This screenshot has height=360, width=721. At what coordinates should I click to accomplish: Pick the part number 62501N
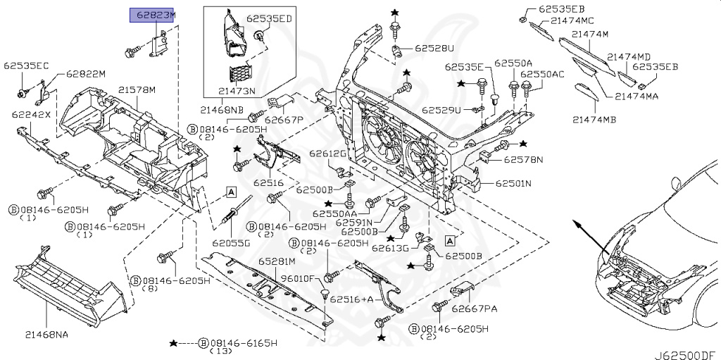click(x=513, y=183)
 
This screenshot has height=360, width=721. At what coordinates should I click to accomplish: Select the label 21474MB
click(x=593, y=119)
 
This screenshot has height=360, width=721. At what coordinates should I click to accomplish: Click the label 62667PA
click(x=474, y=308)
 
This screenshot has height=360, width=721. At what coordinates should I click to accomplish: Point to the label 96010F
click(x=296, y=278)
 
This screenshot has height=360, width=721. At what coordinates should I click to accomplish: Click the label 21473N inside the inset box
click(x=237, y=91)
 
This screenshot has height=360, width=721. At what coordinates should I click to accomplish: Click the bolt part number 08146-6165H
click(x=244, y=342)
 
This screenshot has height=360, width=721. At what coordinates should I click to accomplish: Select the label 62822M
click(x=85, y=73)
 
